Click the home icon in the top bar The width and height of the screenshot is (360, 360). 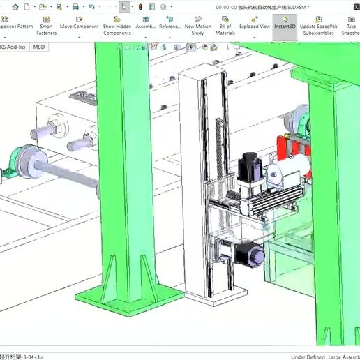pos(15,6)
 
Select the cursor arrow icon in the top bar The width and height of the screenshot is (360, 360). pos(123,6)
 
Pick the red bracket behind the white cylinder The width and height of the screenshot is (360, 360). pos(293,149)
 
